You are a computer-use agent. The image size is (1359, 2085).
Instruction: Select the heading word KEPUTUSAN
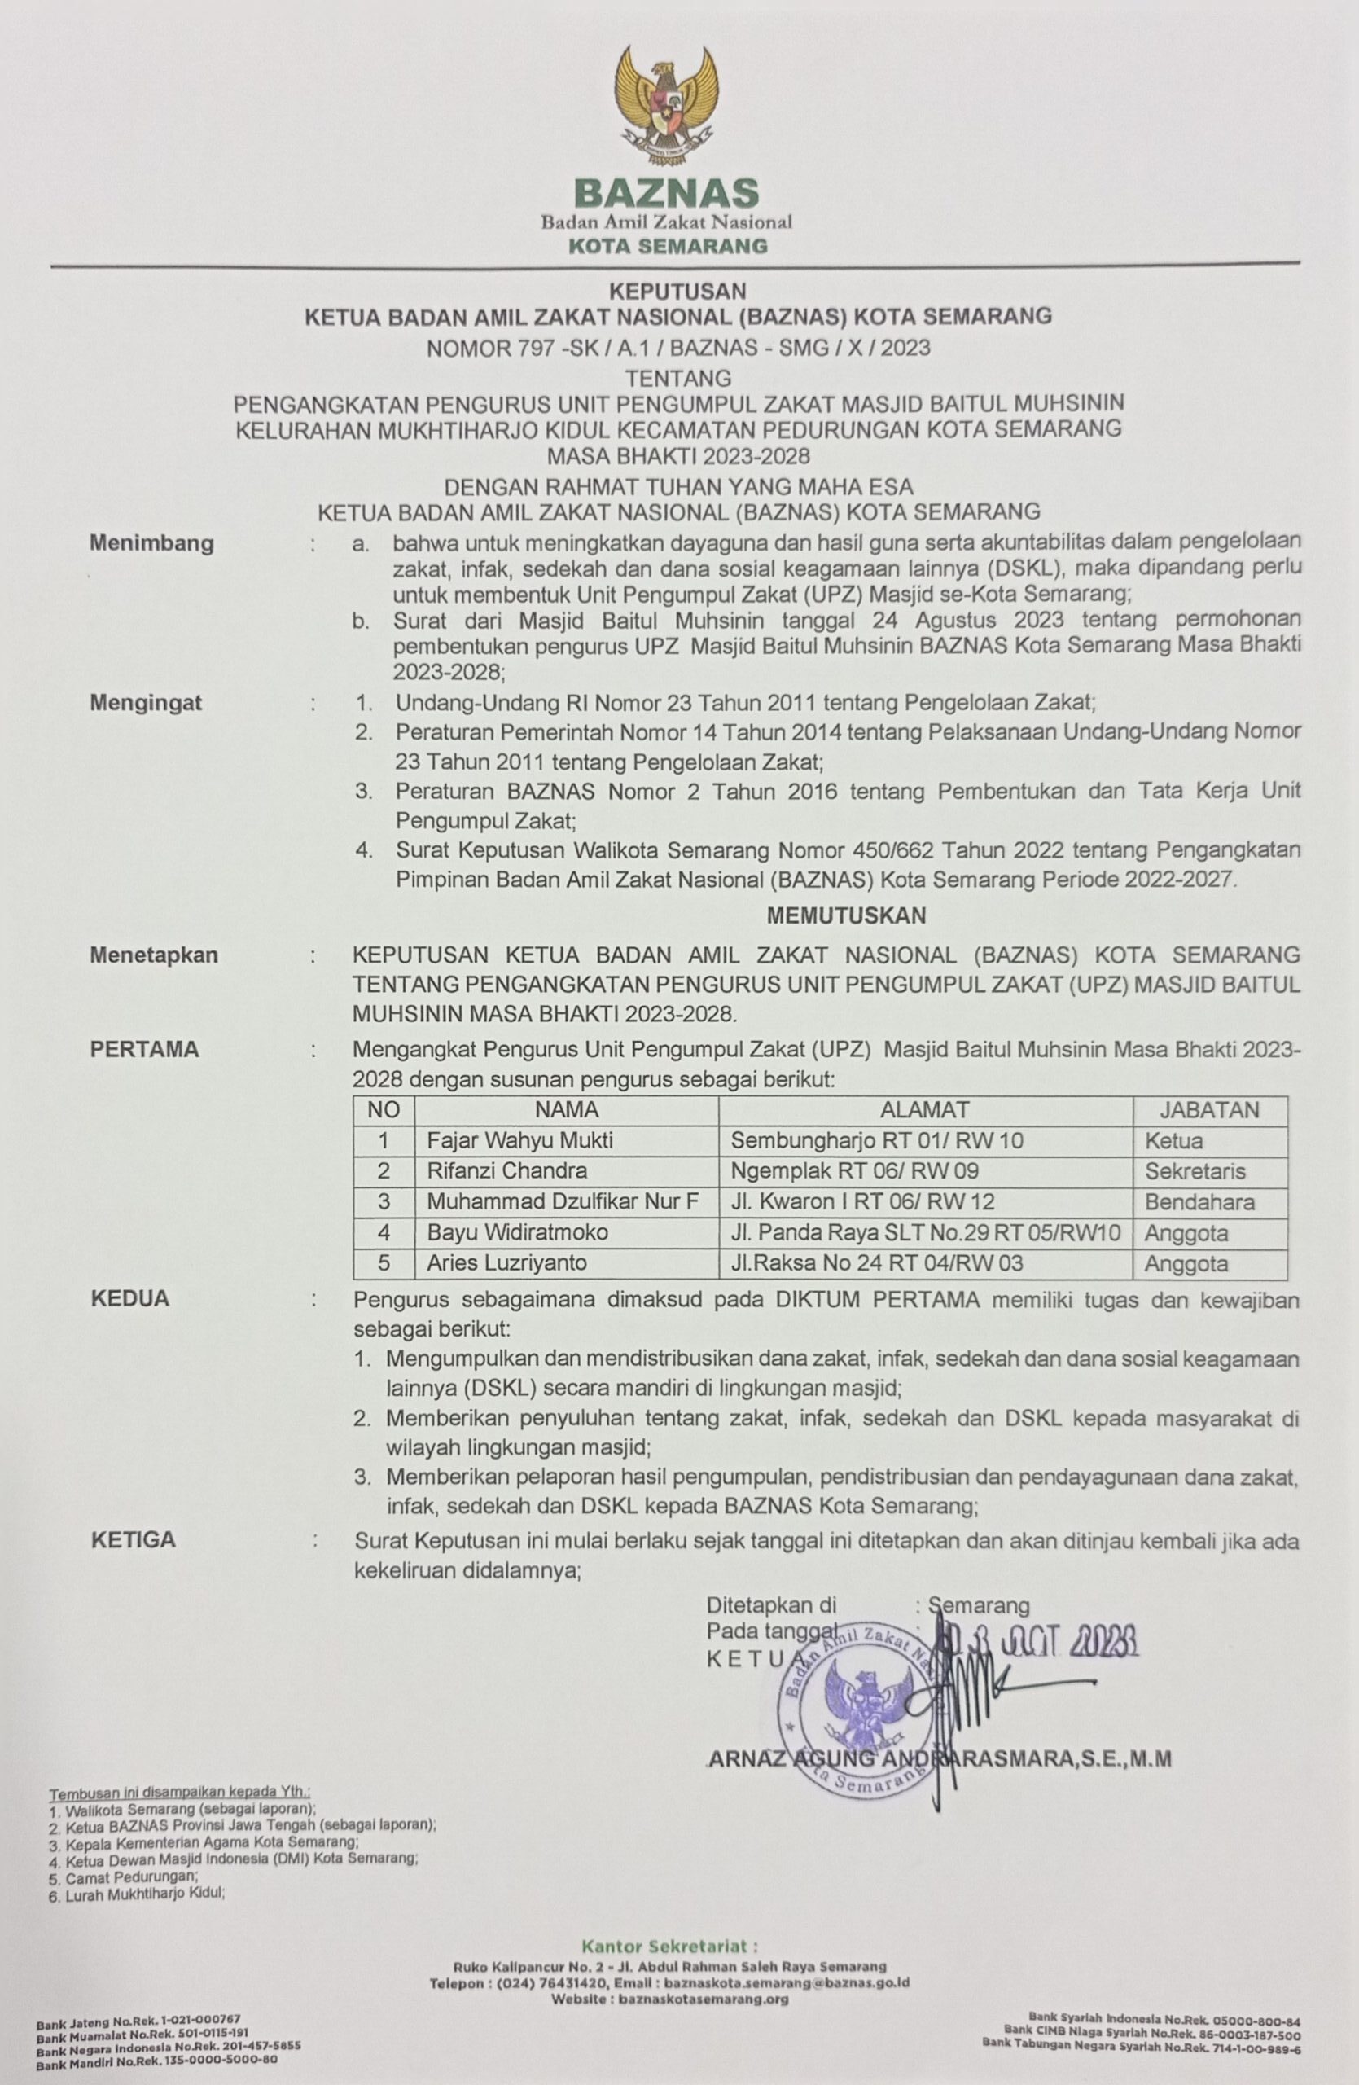click(x=677, y=290)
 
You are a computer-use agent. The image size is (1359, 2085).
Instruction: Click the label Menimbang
click(x=151, y=543)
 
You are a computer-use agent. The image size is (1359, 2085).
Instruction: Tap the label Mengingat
click(x=146, y=703)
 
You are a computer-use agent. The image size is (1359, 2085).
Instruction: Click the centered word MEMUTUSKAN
click(x=846, y=915)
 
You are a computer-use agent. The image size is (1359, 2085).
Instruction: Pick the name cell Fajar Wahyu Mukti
click(x=520, y=1140)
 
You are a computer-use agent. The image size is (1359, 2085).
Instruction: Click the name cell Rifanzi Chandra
click(x=507, y=1171)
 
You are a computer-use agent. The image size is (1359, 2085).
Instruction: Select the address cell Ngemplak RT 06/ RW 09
click(x=855, y=1171)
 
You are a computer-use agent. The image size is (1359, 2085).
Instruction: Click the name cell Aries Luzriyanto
click(x=507, y=1263)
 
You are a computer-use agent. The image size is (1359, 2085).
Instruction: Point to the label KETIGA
click(x=133, y=1539)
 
